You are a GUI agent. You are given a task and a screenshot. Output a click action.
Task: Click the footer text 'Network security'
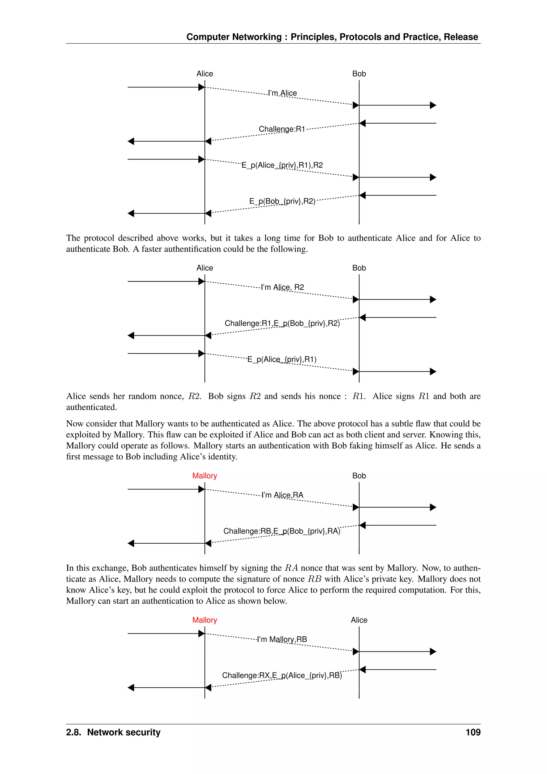tap(124, 732)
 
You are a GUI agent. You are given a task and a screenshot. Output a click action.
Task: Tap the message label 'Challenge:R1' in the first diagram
tap(282, 129)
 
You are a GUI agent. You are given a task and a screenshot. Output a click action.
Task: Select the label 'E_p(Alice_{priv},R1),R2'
tap(282, 165)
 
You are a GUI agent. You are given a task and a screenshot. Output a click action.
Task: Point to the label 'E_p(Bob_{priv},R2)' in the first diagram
tap(282, 201)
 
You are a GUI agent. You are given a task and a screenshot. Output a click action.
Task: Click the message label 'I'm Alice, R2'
tap(282, 287)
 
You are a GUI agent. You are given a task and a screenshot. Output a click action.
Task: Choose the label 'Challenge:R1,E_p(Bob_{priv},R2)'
tap(282, 323)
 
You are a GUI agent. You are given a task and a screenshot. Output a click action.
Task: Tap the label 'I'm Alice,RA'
tap(282, 495)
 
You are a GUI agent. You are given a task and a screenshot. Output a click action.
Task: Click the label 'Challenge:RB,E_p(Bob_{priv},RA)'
tap(282, 531)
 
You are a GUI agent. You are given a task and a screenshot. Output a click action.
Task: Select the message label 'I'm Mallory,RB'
tap(282, 639)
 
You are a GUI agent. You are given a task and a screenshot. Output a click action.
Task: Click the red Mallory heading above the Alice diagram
tap(204, 620)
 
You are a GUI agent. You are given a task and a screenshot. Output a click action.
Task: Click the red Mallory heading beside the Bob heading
tap(204, 476)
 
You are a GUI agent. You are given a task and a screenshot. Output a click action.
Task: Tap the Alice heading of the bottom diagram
tap(359, 620)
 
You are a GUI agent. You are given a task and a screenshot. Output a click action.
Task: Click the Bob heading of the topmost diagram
tap(359, 74)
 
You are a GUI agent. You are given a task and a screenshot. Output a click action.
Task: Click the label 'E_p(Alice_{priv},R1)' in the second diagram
tap(282, 359)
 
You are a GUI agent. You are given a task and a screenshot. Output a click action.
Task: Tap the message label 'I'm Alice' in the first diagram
tap(282, 93)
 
